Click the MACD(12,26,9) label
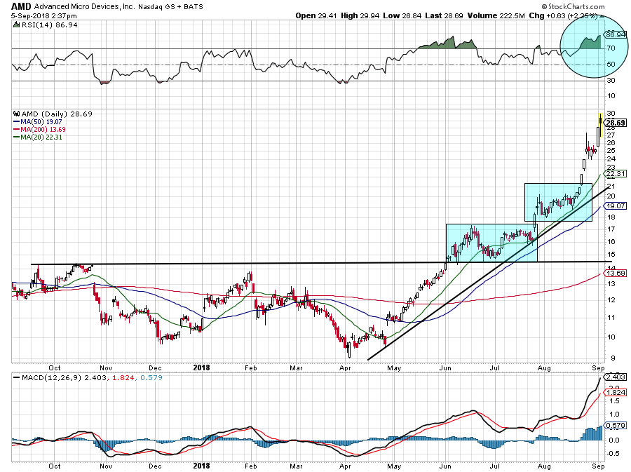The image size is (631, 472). click(x=43, y=379)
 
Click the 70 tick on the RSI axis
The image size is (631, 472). click(x=611, y=48)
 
